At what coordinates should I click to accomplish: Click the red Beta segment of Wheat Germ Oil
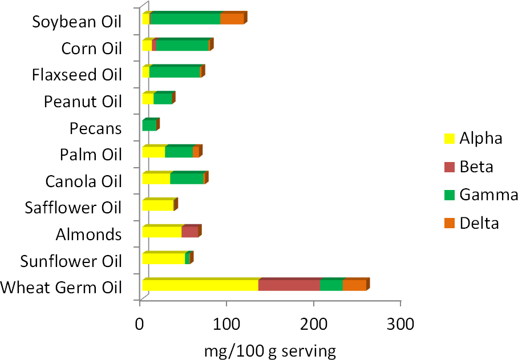pyautogui.click(x=289, y=285)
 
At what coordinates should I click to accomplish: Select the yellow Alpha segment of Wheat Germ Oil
pyautogui.click(x=200, y=285)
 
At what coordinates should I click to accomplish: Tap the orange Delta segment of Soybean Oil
pyautogui.click(x=232, y=19)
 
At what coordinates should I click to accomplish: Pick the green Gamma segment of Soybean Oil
pyautogui.click(x=185, y=19)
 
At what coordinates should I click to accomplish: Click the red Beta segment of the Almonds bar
pyautogui.click(x=190, y=231)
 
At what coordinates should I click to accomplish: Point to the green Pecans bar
pyautogui.click(x=149, y=125)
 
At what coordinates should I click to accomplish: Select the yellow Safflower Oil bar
pyautogui.click(x=158, y=205)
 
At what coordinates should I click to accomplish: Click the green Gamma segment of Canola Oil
pyautogui.click(x=187, y=178)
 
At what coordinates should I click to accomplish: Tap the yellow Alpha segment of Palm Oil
pyautogui.click(x=153, y=152)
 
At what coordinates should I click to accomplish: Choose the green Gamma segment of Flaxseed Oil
pyautogui.click(x=175, y=72)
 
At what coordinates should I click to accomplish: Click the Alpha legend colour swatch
pyautogui.click(x=449, y=138)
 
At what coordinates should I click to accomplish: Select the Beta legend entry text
pyautogui.click(x=476, y=167)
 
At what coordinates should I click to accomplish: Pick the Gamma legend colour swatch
pyautogui.click(x=449, y=195)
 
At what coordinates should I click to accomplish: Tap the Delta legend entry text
pyautogui.click(x=479, y=223)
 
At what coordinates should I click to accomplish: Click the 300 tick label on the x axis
pyautogui.click(x=400, y=323)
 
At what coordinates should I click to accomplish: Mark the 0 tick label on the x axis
pyautogui.click(x=140, y=323)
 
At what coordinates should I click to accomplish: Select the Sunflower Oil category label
pyautogui.click(x=71, y=262)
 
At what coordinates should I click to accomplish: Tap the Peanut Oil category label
pyautogui.click(x=83, y=102)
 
